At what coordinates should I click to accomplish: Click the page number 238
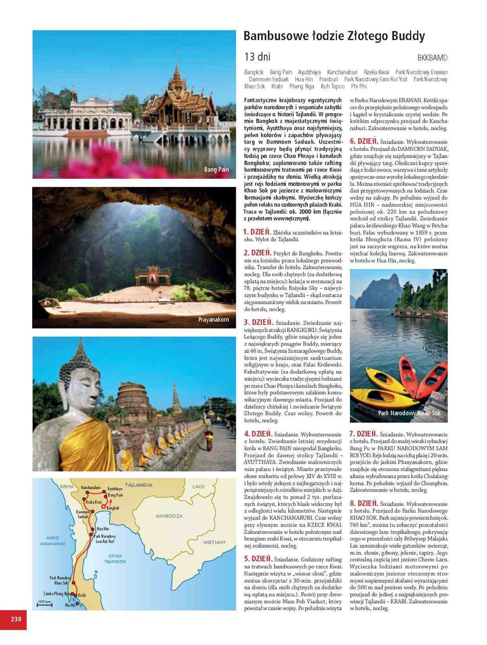click(16, 619)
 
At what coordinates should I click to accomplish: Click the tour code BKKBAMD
click(432, 58)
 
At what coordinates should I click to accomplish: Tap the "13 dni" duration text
click(257, 56)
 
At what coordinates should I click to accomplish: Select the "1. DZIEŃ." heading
click(257, 232)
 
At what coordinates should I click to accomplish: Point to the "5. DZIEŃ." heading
click(258, 559)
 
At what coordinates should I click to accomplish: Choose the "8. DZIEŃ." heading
click(363, 504)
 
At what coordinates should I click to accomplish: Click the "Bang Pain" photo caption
click(216, 170)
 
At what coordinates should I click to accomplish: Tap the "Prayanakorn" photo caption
click(213, 320)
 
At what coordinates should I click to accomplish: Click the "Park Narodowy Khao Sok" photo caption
click(409, 413)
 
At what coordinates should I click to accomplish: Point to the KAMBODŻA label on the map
click(169, 516)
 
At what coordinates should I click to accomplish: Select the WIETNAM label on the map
click(214, 542)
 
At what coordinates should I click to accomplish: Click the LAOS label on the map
click(198, 487)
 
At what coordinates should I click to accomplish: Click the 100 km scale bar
click(44, 604)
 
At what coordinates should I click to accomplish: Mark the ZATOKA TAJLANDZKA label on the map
click(115, 559)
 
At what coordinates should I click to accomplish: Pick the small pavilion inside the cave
click(153, 275)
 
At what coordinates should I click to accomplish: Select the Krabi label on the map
click(82, 595)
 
